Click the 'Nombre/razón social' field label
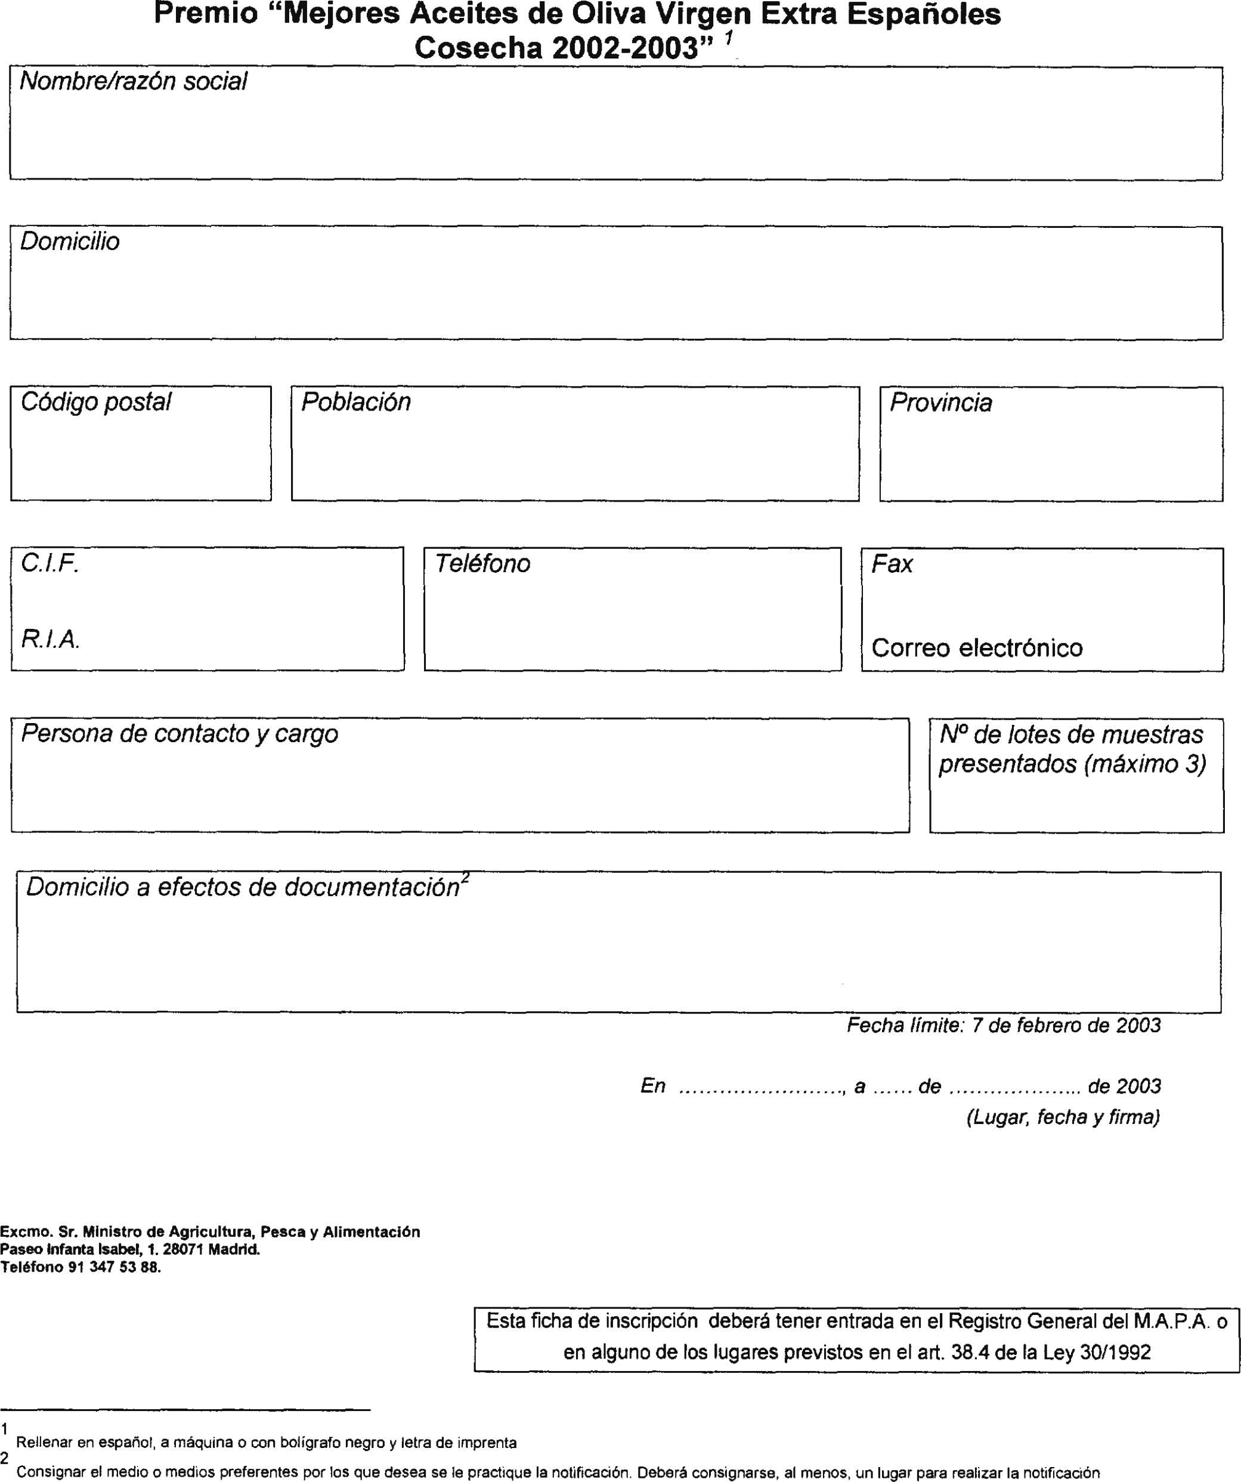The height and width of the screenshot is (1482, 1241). (134, 82)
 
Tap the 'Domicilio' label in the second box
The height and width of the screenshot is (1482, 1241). (70, 242)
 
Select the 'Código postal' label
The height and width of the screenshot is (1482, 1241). (96, 402)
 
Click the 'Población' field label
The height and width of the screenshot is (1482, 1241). (355, 402)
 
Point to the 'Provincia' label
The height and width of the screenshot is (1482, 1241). (940, 403)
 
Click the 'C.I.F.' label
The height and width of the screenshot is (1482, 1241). (49, 563)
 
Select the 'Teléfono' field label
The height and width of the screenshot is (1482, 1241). (482, 564)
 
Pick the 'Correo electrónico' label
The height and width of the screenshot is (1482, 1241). (976, 648)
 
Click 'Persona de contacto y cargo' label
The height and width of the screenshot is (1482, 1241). (179, 734)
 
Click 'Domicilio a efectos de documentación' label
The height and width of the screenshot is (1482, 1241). (243, 888)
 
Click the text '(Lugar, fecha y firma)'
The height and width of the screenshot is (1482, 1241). (1063, 1117)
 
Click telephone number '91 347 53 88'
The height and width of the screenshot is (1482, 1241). (113, 1267)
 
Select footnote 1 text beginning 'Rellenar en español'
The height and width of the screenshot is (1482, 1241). (266, 1443)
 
